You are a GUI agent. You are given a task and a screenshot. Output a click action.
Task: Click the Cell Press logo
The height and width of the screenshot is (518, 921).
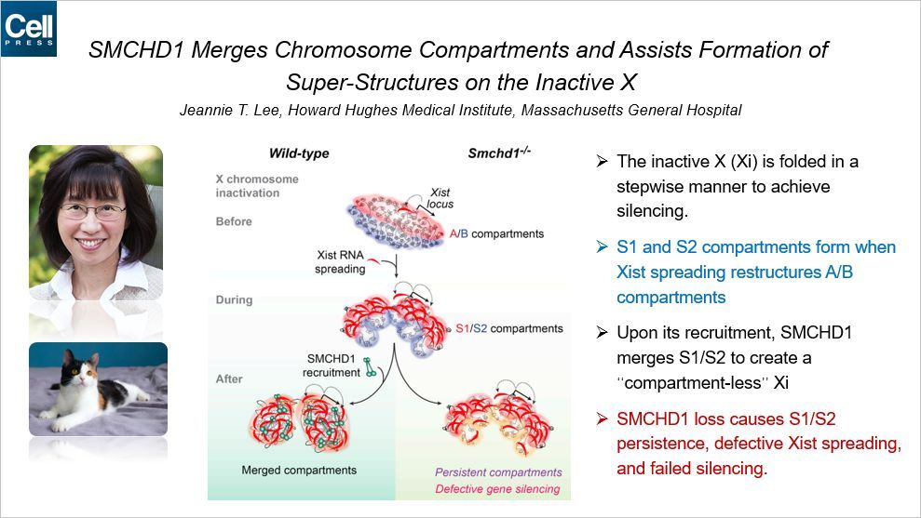(29, 29)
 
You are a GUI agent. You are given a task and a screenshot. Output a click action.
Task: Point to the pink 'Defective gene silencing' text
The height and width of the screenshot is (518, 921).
(497, 488)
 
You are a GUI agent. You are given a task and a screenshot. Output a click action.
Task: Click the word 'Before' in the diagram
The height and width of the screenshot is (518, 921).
(236, 221)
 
